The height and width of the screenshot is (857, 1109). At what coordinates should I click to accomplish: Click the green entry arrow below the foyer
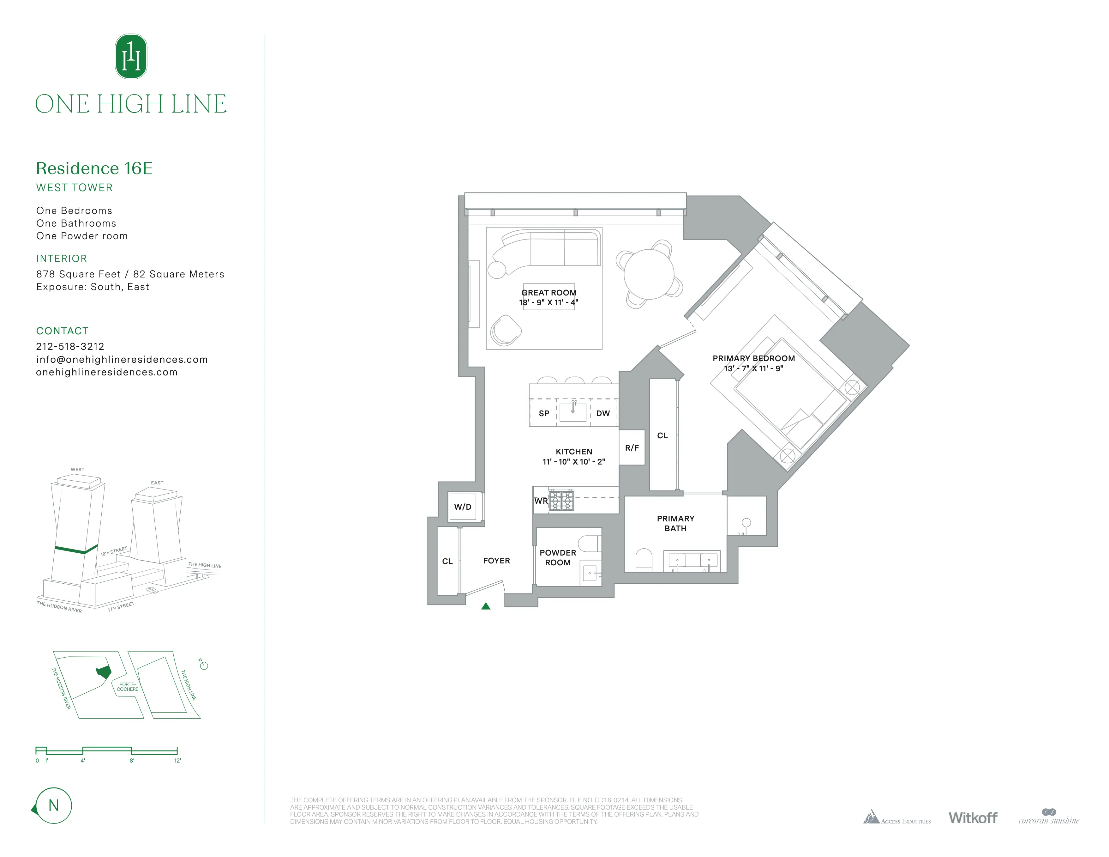[485, 605]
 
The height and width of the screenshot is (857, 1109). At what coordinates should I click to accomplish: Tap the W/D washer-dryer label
[463, 507]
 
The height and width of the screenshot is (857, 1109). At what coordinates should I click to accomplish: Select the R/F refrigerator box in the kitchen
[632, 447]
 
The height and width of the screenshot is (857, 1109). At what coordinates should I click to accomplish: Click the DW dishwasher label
[603, 413]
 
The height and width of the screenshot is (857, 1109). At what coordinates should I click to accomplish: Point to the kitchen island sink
[573, 412]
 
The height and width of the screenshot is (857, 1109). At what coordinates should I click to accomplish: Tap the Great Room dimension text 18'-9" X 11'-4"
[549, 302]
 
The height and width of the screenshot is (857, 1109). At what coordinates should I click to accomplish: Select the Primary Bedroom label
[753, 358]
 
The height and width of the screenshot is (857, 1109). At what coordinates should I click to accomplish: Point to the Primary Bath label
[675, 523]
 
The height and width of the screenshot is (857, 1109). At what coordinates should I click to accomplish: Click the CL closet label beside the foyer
[447, 561]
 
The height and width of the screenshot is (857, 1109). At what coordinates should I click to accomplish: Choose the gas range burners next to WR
[561, 500]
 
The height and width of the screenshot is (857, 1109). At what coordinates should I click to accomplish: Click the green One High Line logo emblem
[131, 56]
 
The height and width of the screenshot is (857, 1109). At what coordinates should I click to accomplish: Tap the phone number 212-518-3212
[70, 346]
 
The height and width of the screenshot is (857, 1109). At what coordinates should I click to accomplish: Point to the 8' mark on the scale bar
[132, 761]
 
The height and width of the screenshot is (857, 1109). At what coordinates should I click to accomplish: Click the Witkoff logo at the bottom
[972, 817]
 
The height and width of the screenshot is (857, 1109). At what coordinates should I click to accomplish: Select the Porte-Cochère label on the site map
[128, 687]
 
